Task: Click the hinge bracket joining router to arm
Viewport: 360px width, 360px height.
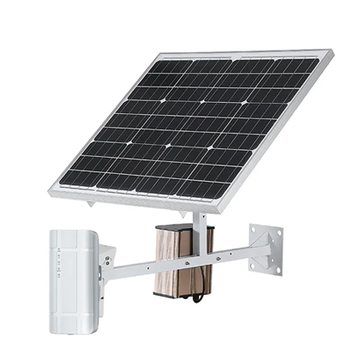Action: click(x=106, y=261)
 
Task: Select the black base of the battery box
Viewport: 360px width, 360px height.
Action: click(x=182, y=293)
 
